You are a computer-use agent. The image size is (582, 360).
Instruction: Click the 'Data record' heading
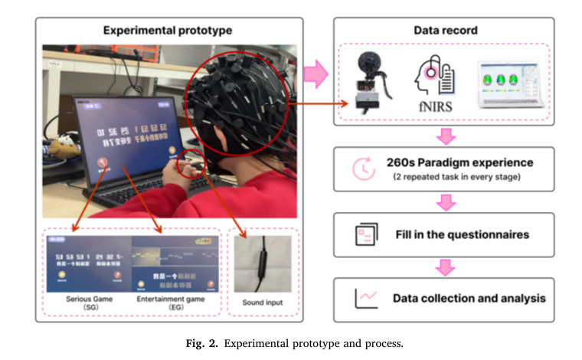click(x=445, y=31)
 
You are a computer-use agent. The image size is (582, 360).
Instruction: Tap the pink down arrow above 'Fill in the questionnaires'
click(x=445, y=203)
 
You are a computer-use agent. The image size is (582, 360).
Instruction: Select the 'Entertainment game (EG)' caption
click(x=171, y=304)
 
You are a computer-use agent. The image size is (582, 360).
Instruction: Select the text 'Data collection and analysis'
click(x=469, y=298)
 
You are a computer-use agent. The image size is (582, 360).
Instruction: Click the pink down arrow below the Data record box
click(x=445, y=136)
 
